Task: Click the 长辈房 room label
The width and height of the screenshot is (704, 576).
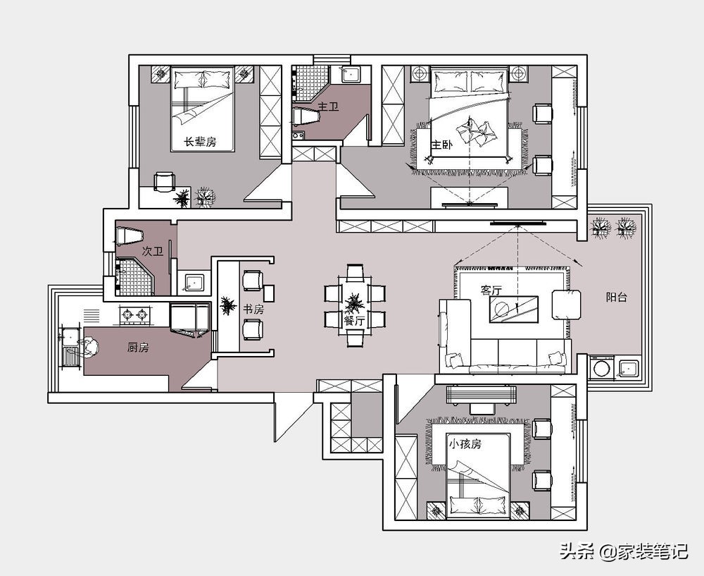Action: pos(200,142)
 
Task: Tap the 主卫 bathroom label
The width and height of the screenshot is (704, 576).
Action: pos(328,106)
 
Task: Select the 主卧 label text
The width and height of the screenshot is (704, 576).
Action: pos(442,145)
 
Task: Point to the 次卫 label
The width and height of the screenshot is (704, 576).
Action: pos(153,252)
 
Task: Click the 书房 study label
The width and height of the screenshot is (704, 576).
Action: pos(253,310)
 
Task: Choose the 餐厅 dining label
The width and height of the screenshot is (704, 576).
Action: pos(354,321)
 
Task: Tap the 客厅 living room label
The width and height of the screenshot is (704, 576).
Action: pos(491,290)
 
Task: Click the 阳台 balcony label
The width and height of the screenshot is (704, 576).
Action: pos(616,297)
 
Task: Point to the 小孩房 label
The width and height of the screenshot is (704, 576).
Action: pos(465,443)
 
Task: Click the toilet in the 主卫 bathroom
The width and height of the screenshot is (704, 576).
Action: pos(306,116)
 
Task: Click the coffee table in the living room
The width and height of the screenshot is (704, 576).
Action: pos(514,310)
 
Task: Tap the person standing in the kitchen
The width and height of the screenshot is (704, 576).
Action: pos(87,348)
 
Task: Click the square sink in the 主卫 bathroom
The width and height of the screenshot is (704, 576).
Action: pos(350,75)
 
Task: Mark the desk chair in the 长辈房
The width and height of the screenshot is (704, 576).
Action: pos(164,183)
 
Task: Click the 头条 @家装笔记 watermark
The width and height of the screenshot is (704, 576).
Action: pos(624,551)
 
